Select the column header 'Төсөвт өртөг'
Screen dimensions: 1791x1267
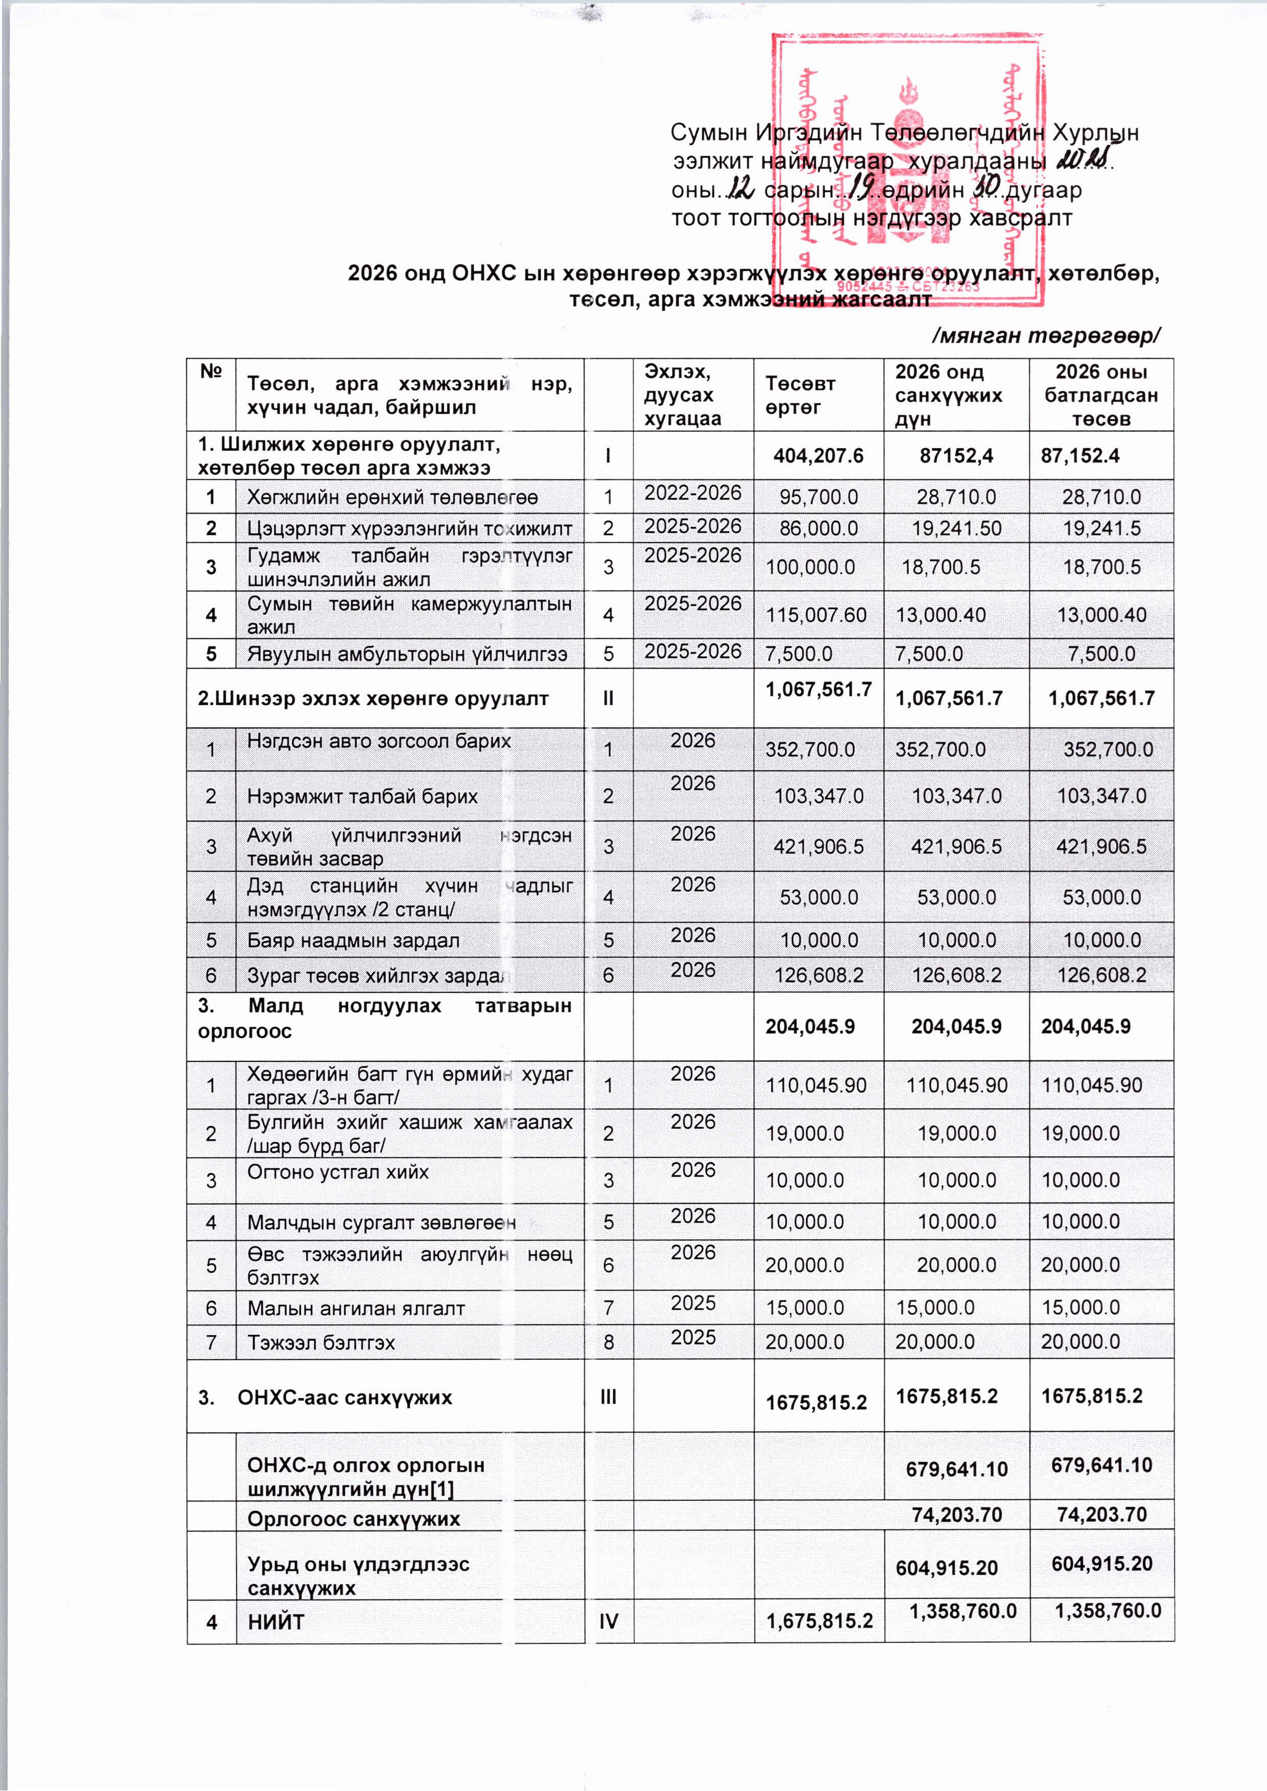800,395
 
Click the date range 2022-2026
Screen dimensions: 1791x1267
692,493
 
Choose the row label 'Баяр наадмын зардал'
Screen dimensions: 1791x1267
354,940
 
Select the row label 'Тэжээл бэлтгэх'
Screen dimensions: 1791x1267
321,1343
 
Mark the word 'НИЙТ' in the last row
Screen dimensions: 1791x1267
275,1622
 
